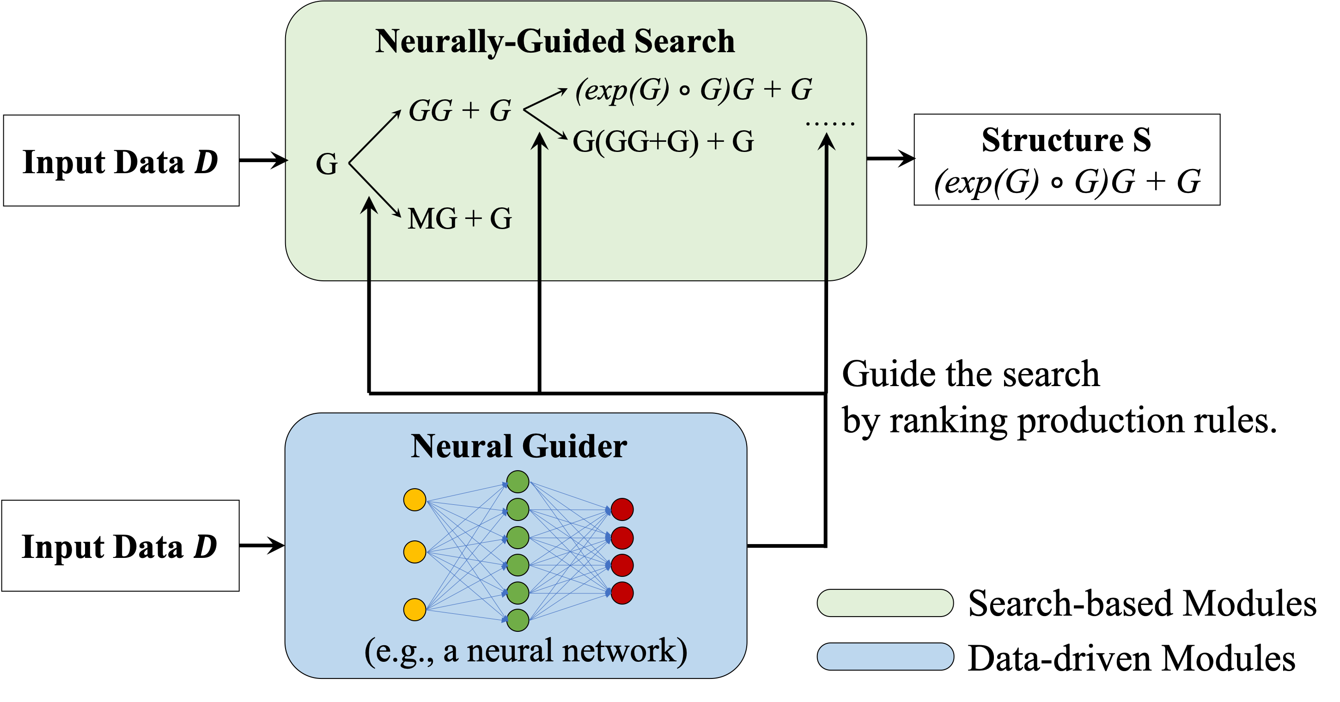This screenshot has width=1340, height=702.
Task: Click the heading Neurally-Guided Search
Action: click(x=554, y=42)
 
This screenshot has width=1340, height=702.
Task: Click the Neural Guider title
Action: click(x=518, y=447)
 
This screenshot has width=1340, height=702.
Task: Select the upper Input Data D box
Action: click(x=121, y=161)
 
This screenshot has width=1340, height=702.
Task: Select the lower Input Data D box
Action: click(x=120, y=546)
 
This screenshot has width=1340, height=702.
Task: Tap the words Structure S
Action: click(x=1066, y=140)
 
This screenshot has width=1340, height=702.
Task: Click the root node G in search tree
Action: click(x=327, y=164)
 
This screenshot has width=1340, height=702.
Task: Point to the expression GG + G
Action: click(x=460, y=111)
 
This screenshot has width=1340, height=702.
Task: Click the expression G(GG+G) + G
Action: click(x=663, y=141)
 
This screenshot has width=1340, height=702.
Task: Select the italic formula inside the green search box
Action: click(x=694, y=90)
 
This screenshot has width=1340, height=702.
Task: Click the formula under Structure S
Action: click(x=1067, y=182)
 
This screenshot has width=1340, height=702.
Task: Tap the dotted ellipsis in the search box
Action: click(x=830, y=124)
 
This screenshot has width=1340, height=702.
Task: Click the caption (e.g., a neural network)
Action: click(x=525, y=651)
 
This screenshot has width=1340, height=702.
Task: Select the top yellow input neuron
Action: click(x=414, y=500)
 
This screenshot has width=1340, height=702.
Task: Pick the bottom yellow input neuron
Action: click(x=414, y=610)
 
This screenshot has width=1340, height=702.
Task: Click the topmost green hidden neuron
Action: click(x=518, y=482)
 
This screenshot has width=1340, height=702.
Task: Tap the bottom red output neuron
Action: click(x=621, y=593)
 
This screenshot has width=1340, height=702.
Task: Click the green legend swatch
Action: click(x=885, y=603)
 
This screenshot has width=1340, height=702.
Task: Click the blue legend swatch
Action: click(x=885, y=656)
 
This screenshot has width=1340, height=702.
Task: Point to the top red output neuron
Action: click(x=621, y=509)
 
